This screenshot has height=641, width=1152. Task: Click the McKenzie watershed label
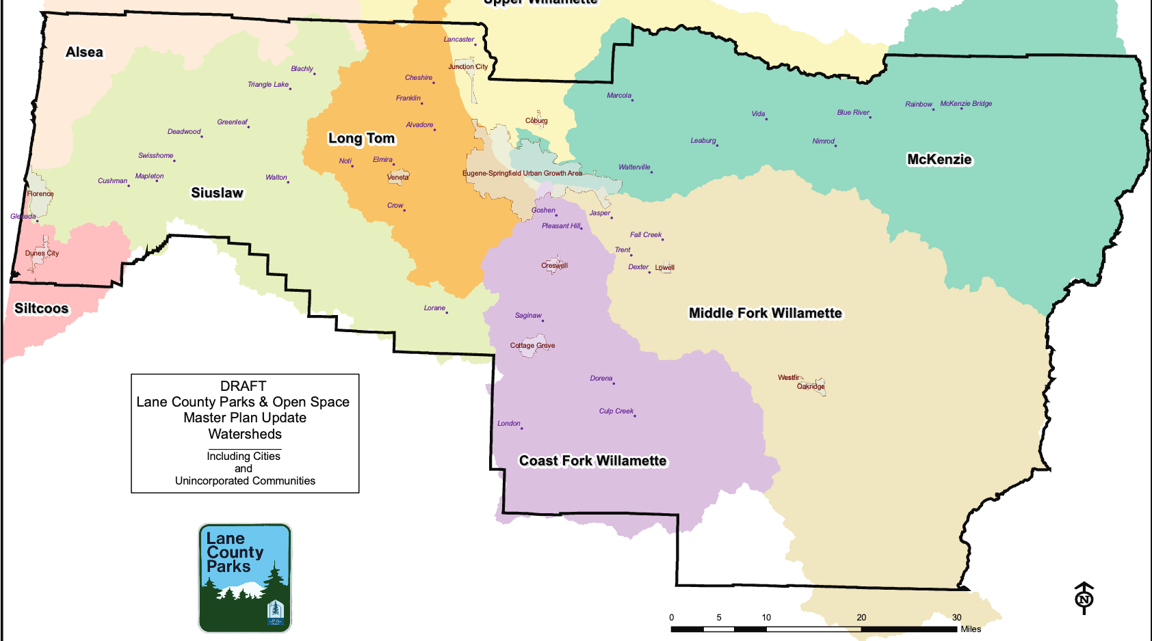pos(939,159)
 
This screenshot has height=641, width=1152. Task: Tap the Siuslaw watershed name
pos(217,193)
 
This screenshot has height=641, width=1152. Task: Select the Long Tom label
pos(361,138)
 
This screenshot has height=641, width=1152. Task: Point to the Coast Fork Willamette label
pos(592,461)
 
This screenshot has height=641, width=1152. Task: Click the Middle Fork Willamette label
pos(765,313)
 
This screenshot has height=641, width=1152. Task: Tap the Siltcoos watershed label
pos(42,308)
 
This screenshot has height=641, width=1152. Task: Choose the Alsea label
pos(84,52)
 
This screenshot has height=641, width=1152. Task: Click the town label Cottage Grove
pos(532,345)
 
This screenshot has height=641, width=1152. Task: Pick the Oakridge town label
pos(811,386)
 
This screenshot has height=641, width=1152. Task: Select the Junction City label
pos(468,66)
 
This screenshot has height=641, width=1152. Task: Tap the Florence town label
pos(40,193)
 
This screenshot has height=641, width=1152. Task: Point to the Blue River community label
pos(853,112)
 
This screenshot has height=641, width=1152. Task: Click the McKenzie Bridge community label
pos(965,103)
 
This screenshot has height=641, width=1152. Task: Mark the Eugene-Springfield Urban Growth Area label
pos(522,173)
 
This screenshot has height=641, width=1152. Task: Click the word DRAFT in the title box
pos(243,386)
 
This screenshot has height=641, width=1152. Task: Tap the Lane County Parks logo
pos(245,578)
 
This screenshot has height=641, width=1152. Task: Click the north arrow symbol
pos(1084,598)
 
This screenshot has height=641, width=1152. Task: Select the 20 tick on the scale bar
pos(861,617)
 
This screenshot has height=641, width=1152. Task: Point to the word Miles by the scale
pos(970,629)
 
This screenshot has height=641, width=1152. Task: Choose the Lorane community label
pos(434,308)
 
